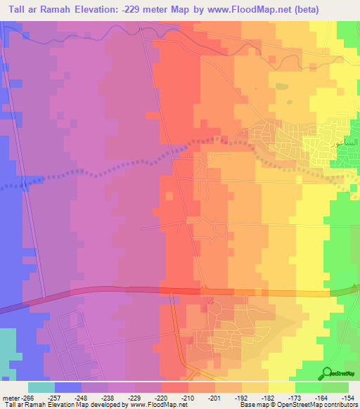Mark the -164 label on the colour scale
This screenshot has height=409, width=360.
click(321, 397)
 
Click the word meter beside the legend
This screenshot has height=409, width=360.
click(11, 397)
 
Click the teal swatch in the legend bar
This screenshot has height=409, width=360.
click(41, 387)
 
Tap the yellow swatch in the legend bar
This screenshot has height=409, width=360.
click(282, 387)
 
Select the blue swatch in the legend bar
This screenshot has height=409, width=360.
click(68, 387)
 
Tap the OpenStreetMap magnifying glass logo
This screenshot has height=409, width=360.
click(326, 372)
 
